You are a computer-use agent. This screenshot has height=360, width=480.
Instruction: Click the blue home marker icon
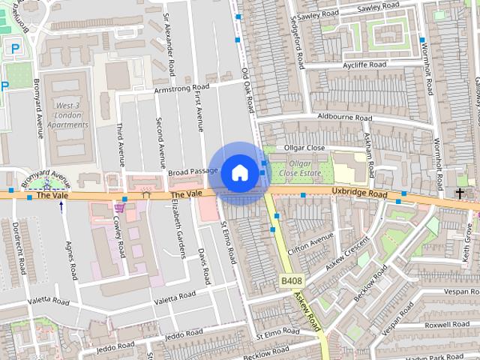(239, 172)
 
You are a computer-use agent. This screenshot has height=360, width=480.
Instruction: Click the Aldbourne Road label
(344, 118)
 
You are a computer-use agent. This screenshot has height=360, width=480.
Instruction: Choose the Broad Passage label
(193, 172)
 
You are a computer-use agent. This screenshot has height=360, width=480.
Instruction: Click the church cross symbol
(459, 193)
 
